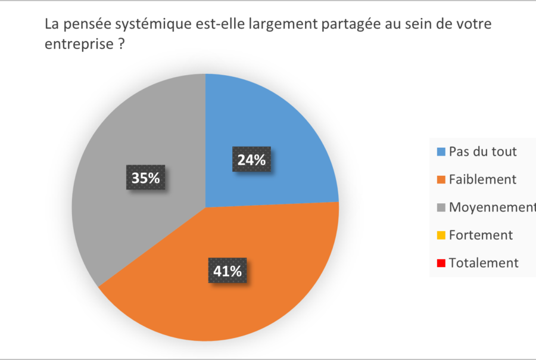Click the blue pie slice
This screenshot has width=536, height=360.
[280, 131]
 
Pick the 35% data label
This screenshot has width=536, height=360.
[146, 178]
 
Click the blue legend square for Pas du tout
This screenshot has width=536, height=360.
[441, 152]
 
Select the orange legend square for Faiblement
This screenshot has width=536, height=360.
[441, 179]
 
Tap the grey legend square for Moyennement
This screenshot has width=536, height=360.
[441, 207]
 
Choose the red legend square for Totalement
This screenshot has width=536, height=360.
[441, 263]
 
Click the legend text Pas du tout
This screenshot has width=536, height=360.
[483, 151]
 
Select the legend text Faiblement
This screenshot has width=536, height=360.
[482, 179]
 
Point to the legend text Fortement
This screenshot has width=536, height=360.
[481, 235]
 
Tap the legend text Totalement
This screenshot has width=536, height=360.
[484, 263]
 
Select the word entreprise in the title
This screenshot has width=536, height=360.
[77, 45]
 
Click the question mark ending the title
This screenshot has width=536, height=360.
[120, 45]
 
